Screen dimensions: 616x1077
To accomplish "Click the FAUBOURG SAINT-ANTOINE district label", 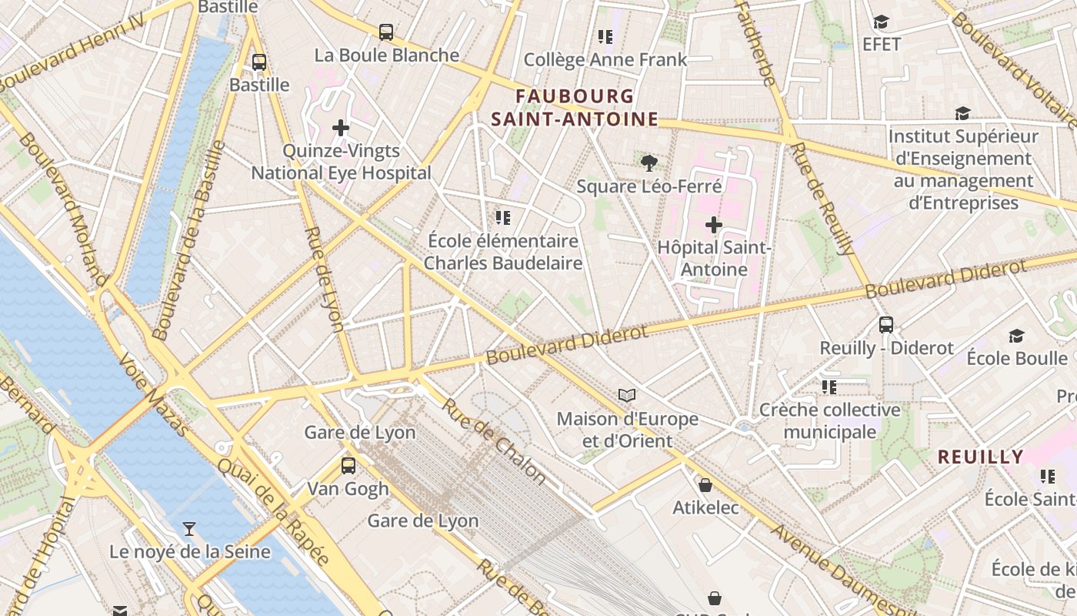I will pos(575,108).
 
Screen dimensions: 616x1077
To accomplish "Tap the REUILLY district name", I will pos(980,457).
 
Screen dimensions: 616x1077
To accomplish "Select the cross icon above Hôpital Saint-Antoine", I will pos(714,225).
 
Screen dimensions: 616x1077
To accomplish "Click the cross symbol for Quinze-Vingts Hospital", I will pos(341,128).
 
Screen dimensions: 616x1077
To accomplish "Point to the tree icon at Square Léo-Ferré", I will pos(649,162).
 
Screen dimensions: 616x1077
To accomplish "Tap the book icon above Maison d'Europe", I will pos(627,396).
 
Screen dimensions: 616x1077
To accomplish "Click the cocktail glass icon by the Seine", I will pos(189,528).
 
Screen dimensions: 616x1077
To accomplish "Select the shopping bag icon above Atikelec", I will pos(705,485).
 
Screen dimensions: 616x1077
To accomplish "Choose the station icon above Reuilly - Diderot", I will pos(886,325).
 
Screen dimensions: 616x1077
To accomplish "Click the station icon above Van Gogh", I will pos(348,465).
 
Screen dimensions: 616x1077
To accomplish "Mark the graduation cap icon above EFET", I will pos(881,22).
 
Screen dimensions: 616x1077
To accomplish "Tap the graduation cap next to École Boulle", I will pos(1016,336).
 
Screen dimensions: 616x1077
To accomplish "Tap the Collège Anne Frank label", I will pos(605,60).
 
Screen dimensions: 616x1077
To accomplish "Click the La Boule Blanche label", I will pos(387,55).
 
